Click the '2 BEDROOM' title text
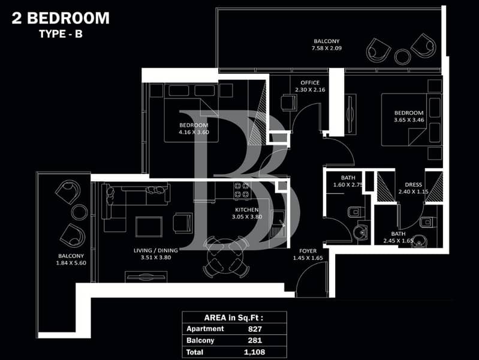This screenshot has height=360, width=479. point(61,18)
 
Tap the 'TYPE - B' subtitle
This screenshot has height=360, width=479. point(61,34)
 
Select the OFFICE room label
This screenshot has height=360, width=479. point(310,83)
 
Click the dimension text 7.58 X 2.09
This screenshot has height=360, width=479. point(327,48)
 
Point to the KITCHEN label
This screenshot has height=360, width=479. point(247,210)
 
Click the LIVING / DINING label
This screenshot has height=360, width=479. point(156,250)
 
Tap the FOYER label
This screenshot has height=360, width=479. point(308,251)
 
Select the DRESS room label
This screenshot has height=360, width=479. point(413,185)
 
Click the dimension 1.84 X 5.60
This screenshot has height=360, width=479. point(71,263)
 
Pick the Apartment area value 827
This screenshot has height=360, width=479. point(255,329)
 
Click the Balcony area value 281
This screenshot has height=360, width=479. point(255,340)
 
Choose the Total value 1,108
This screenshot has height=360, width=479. point(254,352)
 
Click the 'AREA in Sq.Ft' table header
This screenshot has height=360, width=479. point(234,318)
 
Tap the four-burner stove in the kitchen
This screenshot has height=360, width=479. point(243,190)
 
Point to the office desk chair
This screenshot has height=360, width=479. point(289,103)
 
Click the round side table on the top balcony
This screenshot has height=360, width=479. point(402,56)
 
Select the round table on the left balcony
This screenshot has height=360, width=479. point(79,212)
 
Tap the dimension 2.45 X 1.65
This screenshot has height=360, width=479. point(398,241)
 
